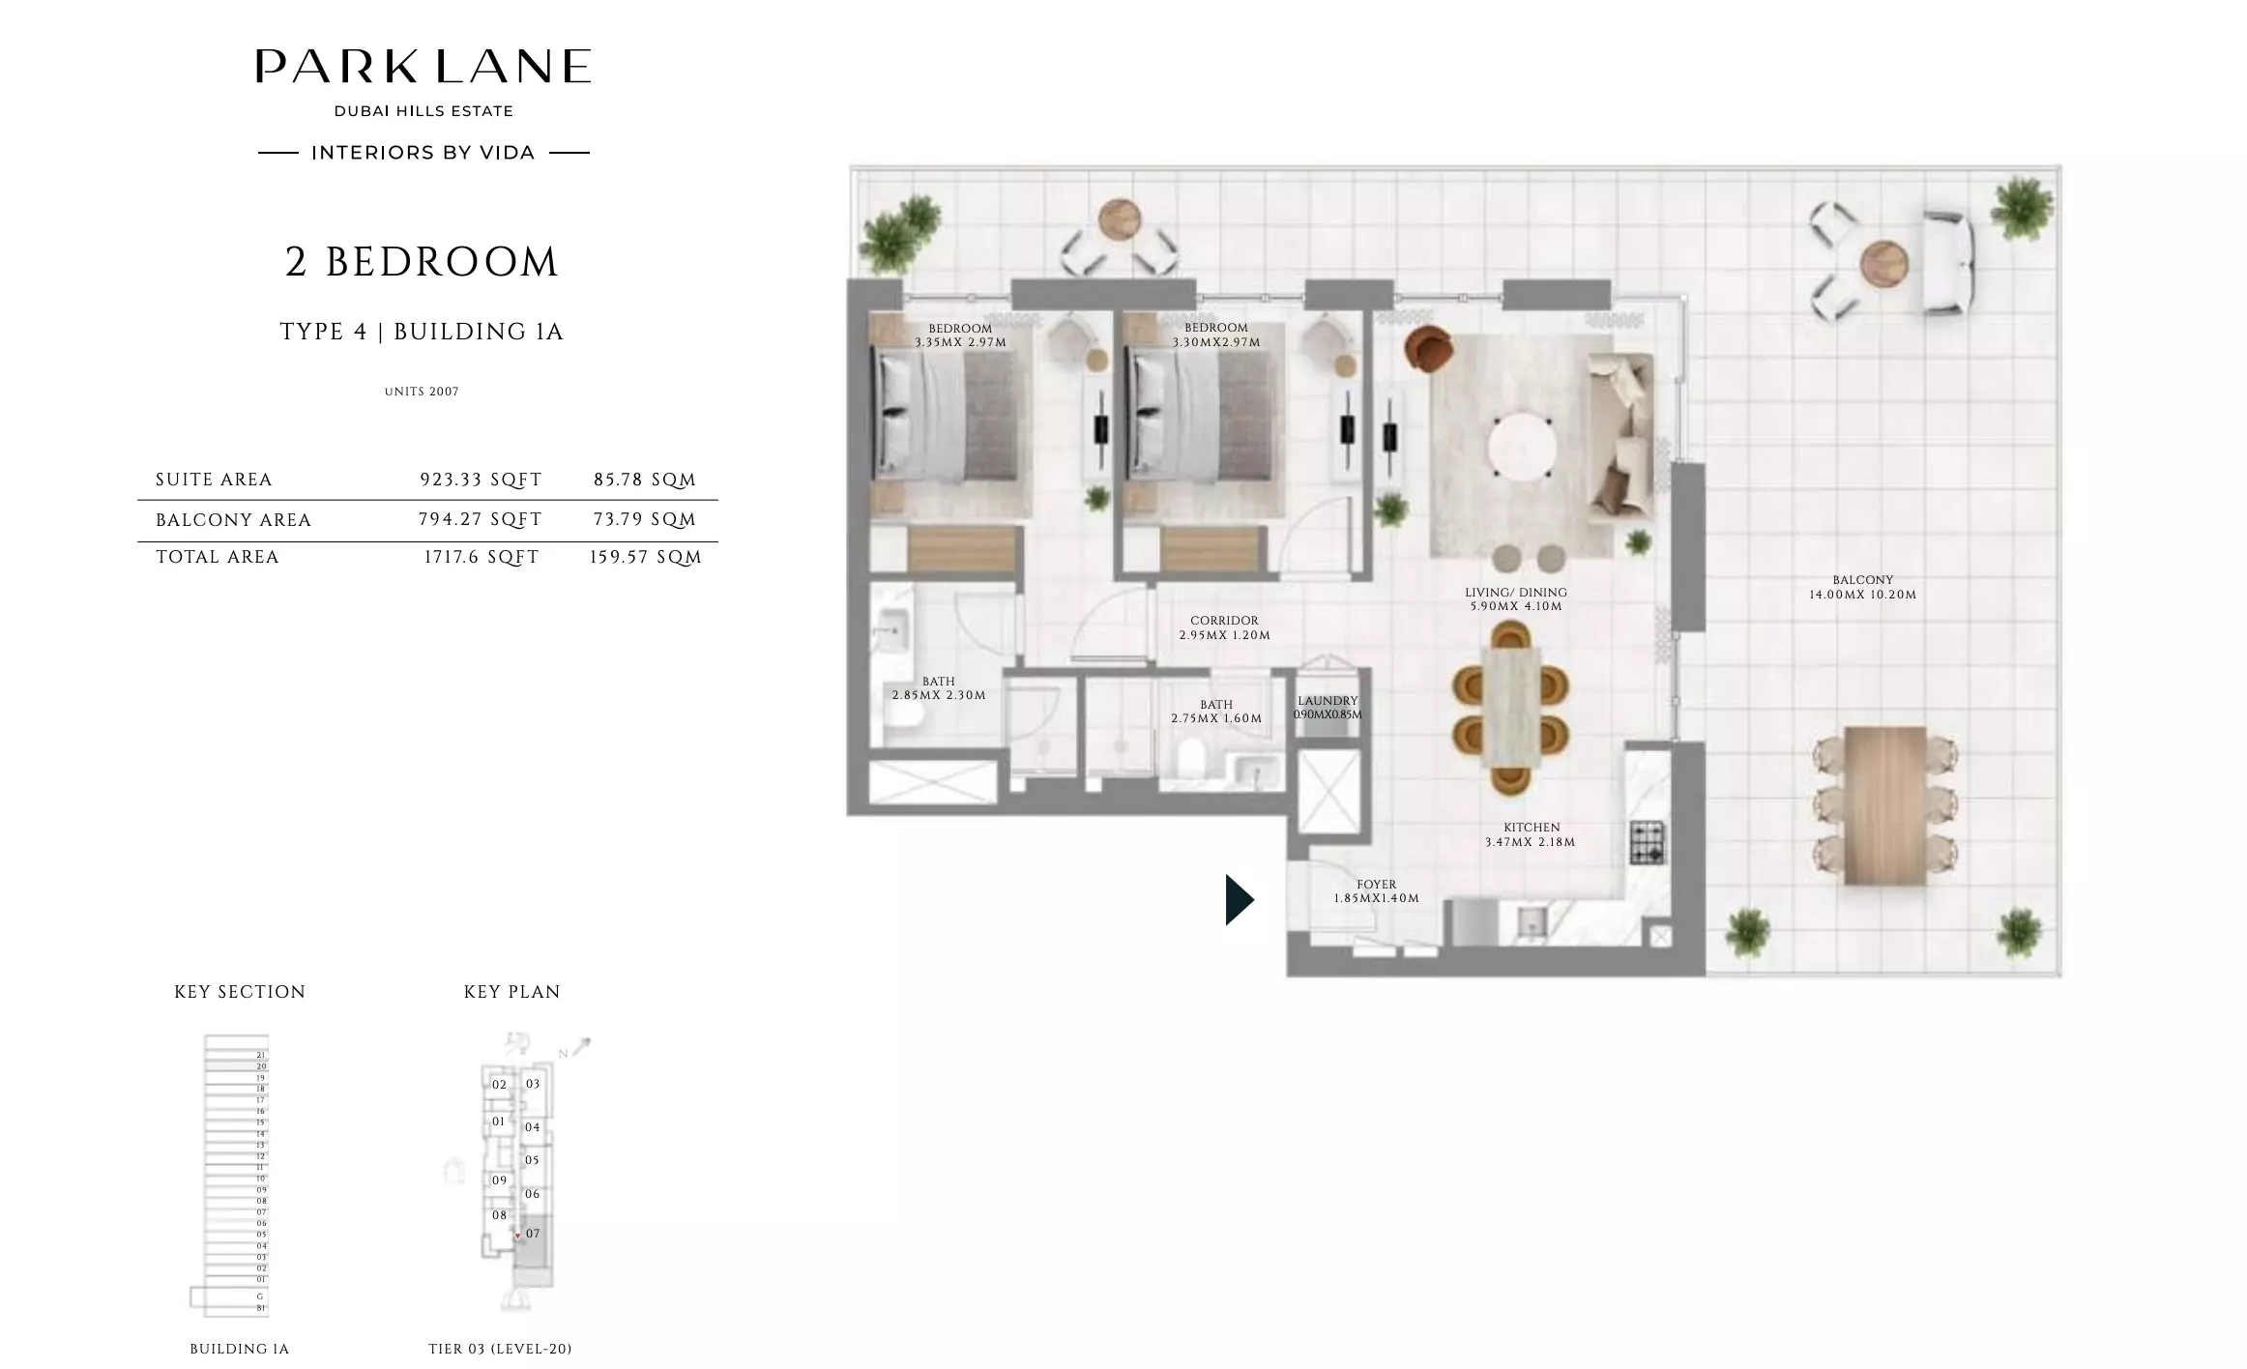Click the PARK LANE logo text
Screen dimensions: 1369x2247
[x=423, y=67]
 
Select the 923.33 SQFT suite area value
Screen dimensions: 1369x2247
[x=481, y=480]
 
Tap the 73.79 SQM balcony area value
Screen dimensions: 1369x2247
[x=645, y=520]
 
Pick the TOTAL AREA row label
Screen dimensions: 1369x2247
[x=218, y=557]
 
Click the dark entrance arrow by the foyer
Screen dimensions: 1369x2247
[x=1239, y=900]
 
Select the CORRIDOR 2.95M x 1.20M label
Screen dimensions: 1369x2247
[x=1224, y=627]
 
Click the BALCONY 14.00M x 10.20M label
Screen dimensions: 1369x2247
[x=1862, y=587]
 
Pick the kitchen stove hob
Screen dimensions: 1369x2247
[x=1649, y=842]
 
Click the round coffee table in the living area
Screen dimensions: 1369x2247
[x=1522, y=448]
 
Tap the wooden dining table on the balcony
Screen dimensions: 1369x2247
[x=1884, y=805]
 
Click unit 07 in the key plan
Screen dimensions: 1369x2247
[x=533, y=1235]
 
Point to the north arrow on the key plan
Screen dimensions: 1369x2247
[x=580, y=1047]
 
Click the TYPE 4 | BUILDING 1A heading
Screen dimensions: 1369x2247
[x=422, y=332]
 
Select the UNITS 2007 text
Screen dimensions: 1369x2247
[x=422, y=392]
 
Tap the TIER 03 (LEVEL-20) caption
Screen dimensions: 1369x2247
[x=500, y=1349]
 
